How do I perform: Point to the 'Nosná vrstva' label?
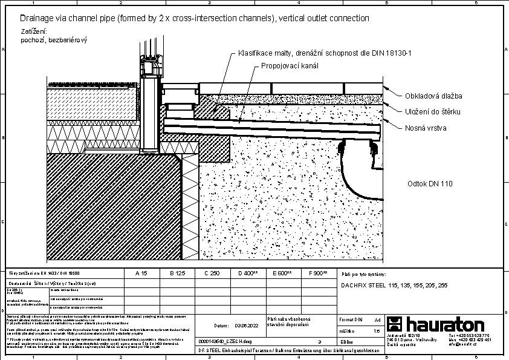tap(426, 128)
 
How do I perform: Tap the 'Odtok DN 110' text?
tap(430, 183)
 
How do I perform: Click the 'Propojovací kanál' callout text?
tap(290, 65)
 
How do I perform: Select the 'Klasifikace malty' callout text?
tap(325, 54)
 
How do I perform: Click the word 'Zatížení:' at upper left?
tap(34, 31)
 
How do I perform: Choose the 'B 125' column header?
tap(177, 273)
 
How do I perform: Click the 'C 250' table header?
tap(212, 273)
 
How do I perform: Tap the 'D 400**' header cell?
tap(248, 273)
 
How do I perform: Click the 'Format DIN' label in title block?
tap(350, 318)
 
